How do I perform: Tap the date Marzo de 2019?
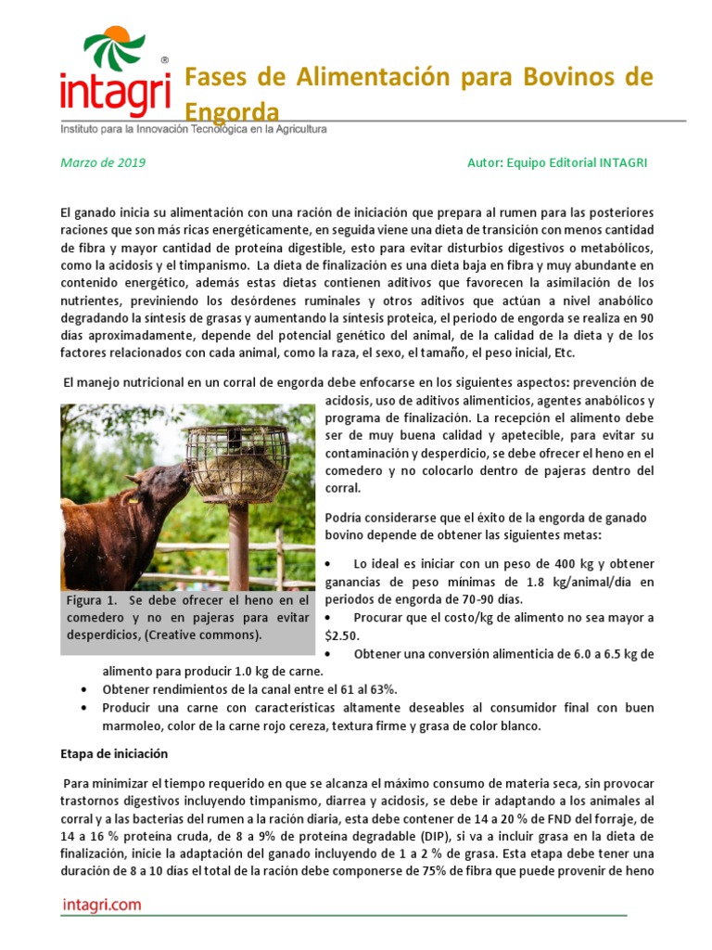[x=103, y=162]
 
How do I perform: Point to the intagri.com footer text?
[x=102, y=905]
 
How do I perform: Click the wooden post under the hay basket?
[x=238, y=547]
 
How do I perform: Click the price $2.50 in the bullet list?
[x=340, y=635]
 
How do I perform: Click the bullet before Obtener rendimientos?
[x=85, y=690]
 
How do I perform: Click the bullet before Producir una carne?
[x=85, y=708]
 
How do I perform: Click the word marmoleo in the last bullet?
[x=140, y=725]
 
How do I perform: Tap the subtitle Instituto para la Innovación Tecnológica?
[x=194, y=130]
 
